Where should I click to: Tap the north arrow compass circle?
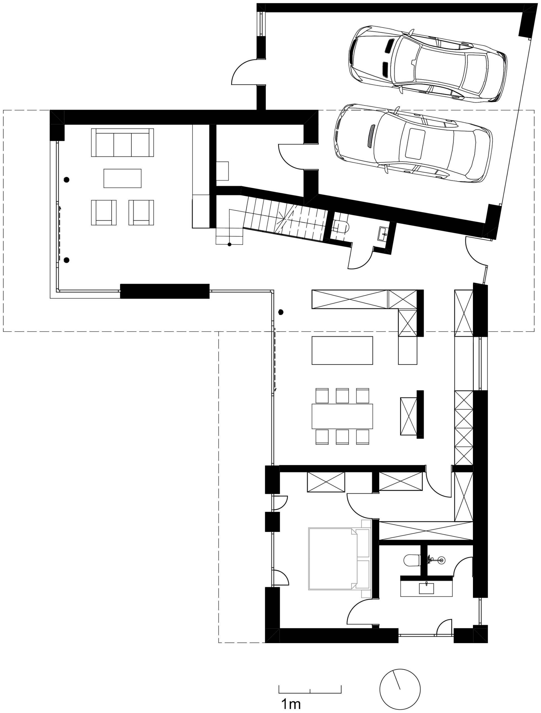click(400, 687)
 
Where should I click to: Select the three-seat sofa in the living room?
click(122, 143)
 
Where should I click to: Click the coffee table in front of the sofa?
click(122, 178)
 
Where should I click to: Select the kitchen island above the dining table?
click(342, 350)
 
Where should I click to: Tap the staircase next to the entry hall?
click(284, 219)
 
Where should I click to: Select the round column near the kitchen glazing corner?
click(281, 312)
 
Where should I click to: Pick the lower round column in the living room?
click(67, 260)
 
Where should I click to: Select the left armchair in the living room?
click(104, 213)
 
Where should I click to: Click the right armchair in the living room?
click(141, 213)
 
